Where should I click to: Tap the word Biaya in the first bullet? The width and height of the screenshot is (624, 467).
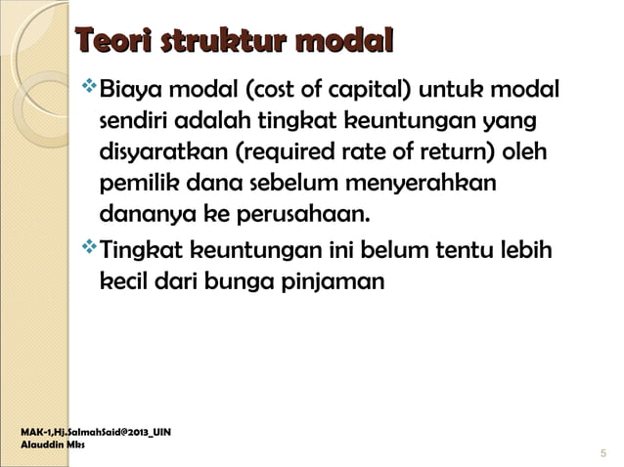[131, 93]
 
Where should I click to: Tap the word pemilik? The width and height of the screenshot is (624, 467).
[134, 184]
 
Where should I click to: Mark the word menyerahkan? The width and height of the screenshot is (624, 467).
[429, 184]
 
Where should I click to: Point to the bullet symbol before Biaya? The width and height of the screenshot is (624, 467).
[91, 91]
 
